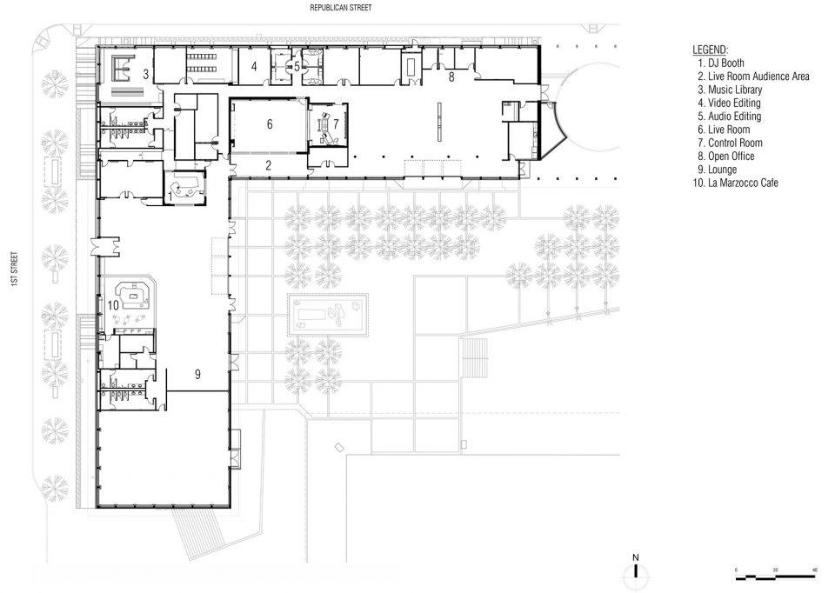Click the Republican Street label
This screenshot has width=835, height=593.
coord(341,8)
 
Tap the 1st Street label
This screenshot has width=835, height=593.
coord(15,270)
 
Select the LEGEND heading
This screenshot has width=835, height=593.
coord(711,50)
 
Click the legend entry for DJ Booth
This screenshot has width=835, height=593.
coord(721,63)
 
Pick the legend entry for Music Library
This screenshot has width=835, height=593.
coord(730,90)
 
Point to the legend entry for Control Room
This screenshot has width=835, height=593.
coord(730,143)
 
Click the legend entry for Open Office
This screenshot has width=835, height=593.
coord(726,156)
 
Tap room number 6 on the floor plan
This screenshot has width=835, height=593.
coord(270,124)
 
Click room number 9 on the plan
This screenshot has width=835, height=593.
coord(197,374)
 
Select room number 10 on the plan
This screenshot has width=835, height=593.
coord(113,305)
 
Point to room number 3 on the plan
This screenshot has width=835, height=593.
coord(145,74)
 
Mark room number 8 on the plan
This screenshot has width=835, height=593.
coord(451,77)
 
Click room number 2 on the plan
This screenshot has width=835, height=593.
coord(269,165)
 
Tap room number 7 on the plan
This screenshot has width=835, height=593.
coord(336,124)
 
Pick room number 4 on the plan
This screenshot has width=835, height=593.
coord(254,66)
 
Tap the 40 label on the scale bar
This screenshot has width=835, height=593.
coord(814,570)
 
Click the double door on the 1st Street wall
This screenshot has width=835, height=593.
coord(105,247)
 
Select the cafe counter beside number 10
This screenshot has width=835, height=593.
coord(136,295)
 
